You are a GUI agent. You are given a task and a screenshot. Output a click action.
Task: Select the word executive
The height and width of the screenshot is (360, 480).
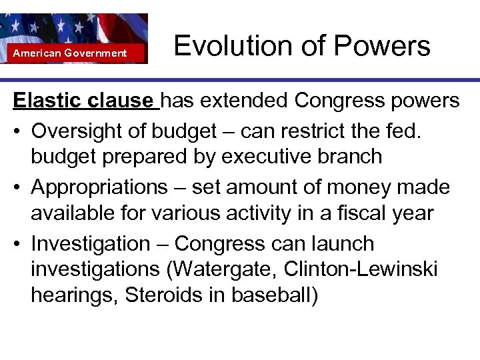click(269, 157)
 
